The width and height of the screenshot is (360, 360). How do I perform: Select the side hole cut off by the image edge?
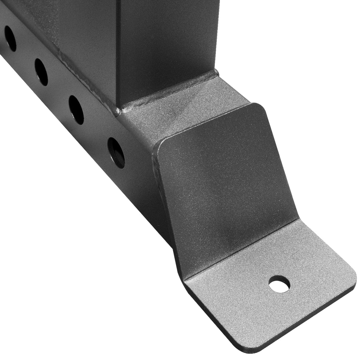click(x=10, y=38)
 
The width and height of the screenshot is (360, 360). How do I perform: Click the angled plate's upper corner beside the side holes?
click(x=160, y=143)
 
